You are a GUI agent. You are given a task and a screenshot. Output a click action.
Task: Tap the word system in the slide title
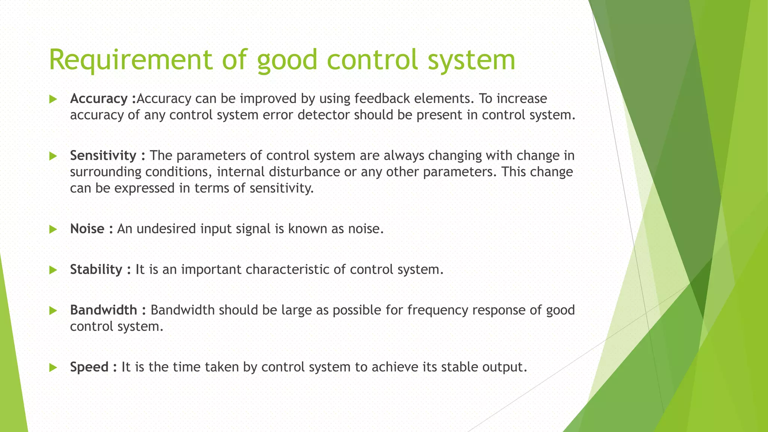(x=471, y=60)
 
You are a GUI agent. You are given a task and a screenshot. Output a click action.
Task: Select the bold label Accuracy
(x=99, y=99)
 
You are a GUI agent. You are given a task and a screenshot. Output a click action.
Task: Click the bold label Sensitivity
(x=103, y=156)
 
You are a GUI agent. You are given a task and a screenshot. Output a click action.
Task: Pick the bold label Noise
(x=87, y=229)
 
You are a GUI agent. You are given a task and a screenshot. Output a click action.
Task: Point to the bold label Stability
(x=96, y=270)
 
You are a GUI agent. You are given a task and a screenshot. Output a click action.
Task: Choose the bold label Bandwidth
(x=103, y=310)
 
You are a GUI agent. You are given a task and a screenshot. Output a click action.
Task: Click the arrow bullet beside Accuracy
(x=53, y=99)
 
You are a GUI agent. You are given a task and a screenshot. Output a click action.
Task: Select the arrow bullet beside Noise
(x=53, y=229)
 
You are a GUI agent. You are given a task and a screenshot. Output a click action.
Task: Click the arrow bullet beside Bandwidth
(x=53, y=311)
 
